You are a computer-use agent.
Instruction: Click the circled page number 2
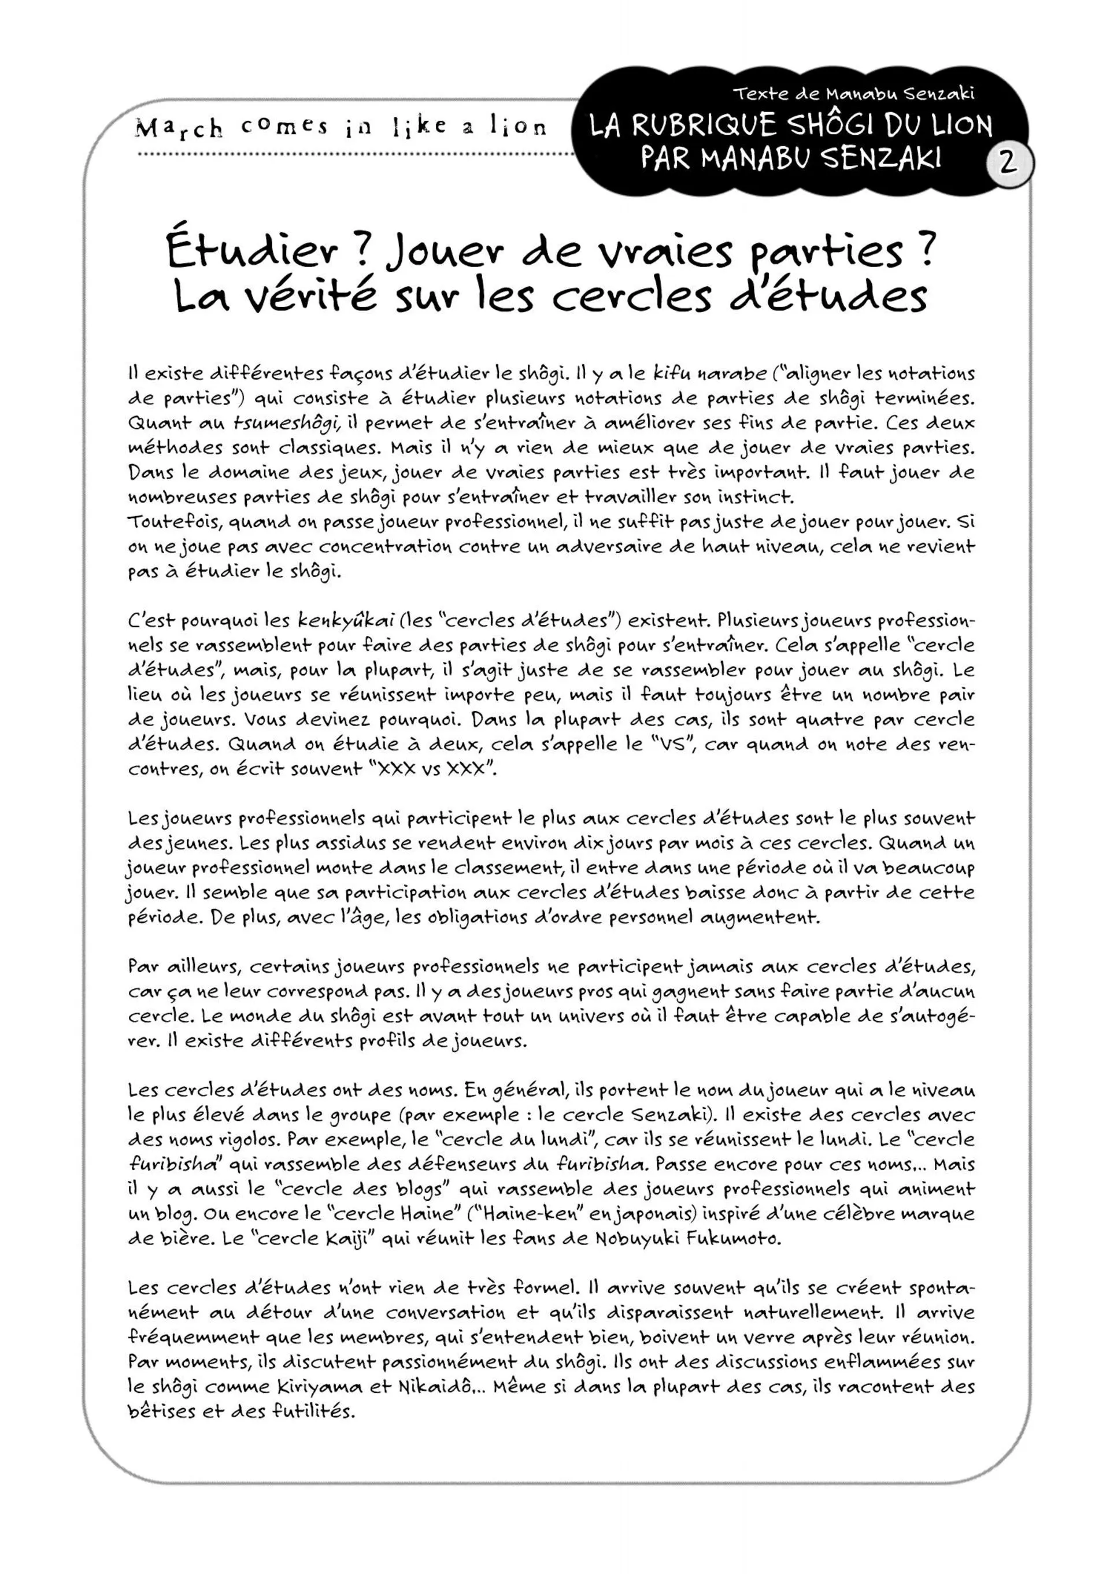(x=1008, y=164)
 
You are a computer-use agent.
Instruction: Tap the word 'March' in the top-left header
(x=179, y=128)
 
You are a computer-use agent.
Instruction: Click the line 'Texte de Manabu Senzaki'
(x=853, y=93)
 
